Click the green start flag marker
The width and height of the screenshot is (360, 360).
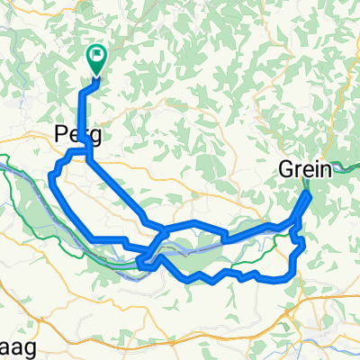[x=96, y=58]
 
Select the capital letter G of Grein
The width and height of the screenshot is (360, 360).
[x=286, y=168]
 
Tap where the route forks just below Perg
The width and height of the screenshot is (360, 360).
[x=86, y=157]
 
